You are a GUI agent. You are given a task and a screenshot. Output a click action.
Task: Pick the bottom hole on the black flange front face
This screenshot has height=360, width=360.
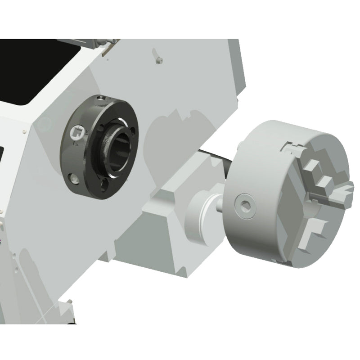[104, 184]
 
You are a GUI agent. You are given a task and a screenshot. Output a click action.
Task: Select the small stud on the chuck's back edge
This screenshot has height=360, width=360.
[240, 144]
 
